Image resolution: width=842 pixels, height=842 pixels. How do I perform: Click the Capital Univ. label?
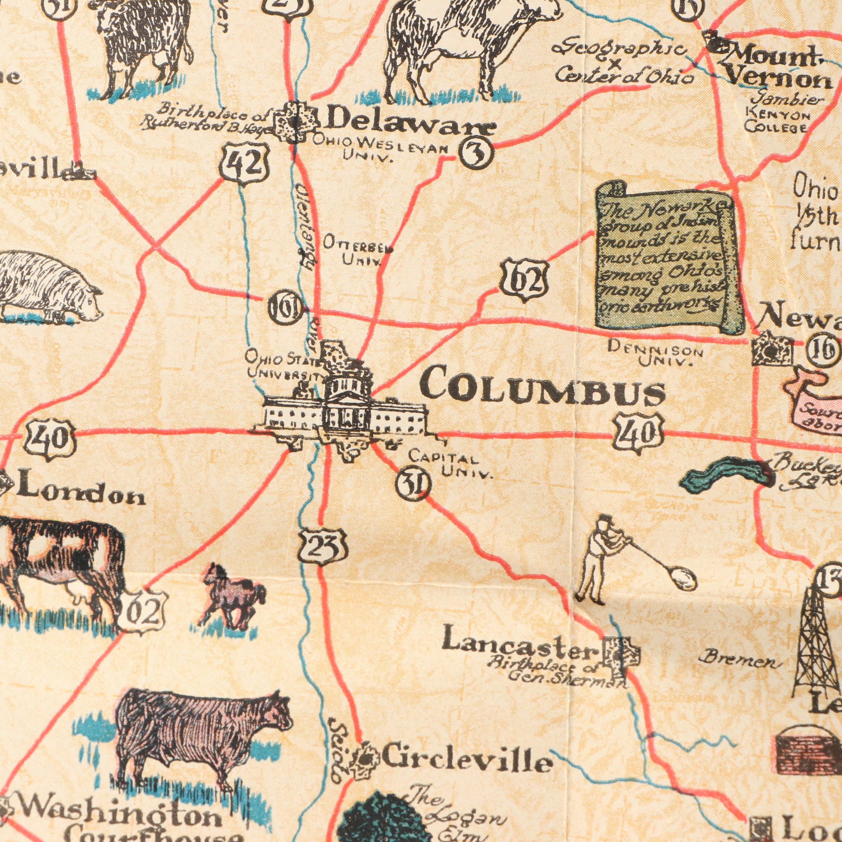point(451,465)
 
